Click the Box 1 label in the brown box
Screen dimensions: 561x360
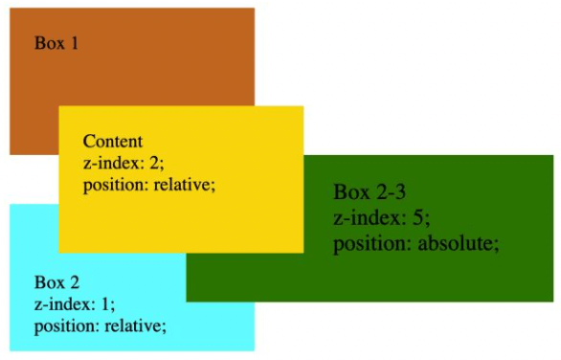56,43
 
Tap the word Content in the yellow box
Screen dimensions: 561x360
113,141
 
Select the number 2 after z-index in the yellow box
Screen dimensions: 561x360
155,163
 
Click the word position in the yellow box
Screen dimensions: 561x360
116,187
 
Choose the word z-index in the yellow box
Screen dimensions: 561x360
114,163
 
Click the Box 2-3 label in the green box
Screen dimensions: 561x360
370,191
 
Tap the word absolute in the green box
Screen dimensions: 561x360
459,244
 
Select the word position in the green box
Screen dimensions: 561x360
372,245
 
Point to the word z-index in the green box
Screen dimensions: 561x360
370,217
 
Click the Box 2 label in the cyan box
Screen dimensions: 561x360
56,282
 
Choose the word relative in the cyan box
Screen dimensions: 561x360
136,326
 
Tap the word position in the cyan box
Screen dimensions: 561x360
67,327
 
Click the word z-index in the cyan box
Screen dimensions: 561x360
65,304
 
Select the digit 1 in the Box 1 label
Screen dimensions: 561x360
74,43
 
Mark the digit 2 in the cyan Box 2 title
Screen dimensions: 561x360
74,282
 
